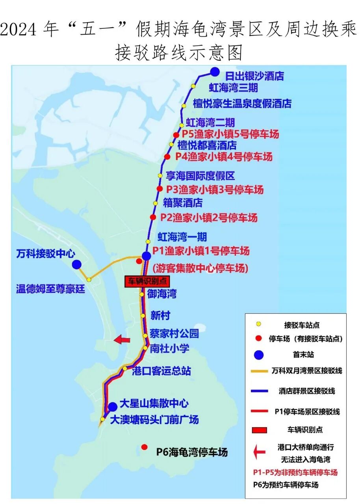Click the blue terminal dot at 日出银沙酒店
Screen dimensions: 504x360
pos(214,72)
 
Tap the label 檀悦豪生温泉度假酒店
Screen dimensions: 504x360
pos(242,104)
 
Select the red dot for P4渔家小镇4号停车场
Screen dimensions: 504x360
pos(167,157)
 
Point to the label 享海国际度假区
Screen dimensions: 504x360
pos(200,175)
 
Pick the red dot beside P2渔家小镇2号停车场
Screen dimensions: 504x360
pos(153,217)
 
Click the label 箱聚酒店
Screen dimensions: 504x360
pos(183,203)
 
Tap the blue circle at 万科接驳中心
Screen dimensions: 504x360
pos(77,264)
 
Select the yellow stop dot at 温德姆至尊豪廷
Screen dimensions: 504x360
pos(89,279)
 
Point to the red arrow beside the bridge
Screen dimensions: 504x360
pos(122,339)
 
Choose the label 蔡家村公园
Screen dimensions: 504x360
pos(174,334)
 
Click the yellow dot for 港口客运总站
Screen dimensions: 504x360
pos(125,368)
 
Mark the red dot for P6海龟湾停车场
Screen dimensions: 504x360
pos(145,447)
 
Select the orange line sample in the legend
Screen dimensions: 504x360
pos(259,371)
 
